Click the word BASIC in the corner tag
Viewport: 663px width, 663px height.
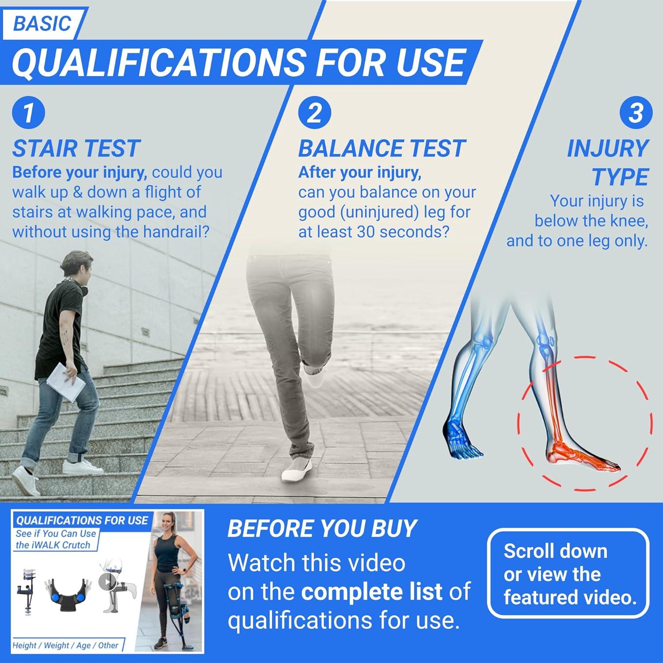click(x=42, y=23)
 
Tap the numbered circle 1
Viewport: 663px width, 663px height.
click(x=28, y=113)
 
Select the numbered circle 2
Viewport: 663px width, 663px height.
click(x=314, y=113)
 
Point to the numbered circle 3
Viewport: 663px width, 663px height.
click(x=636, y=113)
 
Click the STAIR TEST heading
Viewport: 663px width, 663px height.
click(x=76, y=149)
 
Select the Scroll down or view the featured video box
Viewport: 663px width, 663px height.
click(x=568, y=574)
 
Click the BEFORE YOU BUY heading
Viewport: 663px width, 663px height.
click(x=322, y=528)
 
